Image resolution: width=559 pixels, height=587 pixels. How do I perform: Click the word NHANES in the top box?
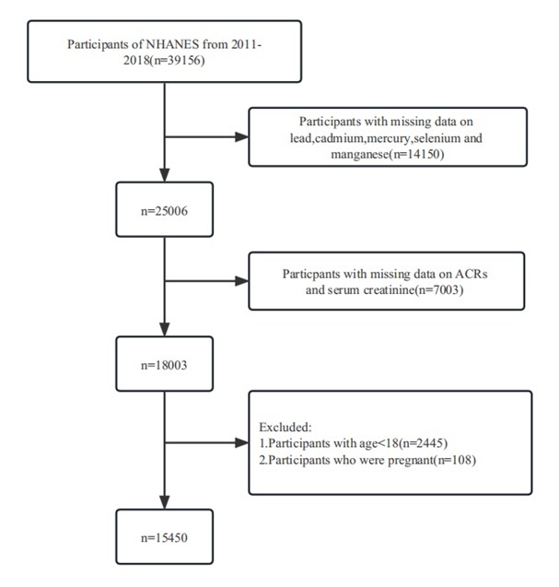[x=172, y=44]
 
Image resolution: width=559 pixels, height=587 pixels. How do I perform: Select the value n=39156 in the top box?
[x=177, y=60]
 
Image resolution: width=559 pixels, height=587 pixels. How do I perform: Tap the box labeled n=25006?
[x=165, y=210]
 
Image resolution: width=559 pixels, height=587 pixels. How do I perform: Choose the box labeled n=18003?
[x=165, y=364]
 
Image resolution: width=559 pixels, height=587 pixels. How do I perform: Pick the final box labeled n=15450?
[x=165, y=536]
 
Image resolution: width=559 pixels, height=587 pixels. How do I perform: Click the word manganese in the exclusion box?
[x=360, y=155]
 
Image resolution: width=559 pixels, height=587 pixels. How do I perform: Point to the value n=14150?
[x=418, y=154]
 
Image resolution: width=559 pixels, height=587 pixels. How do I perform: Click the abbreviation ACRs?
[x=472, y=274]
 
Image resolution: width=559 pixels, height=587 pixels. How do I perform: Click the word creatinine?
[x=390, y=290]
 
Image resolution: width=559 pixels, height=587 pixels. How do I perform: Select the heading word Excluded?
[x=285, y=428]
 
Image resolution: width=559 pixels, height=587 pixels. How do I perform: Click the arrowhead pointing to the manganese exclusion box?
[x=241, y=136]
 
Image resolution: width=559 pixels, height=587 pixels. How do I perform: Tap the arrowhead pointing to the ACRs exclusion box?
[x=241, y=281]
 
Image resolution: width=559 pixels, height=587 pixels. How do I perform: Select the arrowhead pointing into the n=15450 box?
[x=165, y=502]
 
